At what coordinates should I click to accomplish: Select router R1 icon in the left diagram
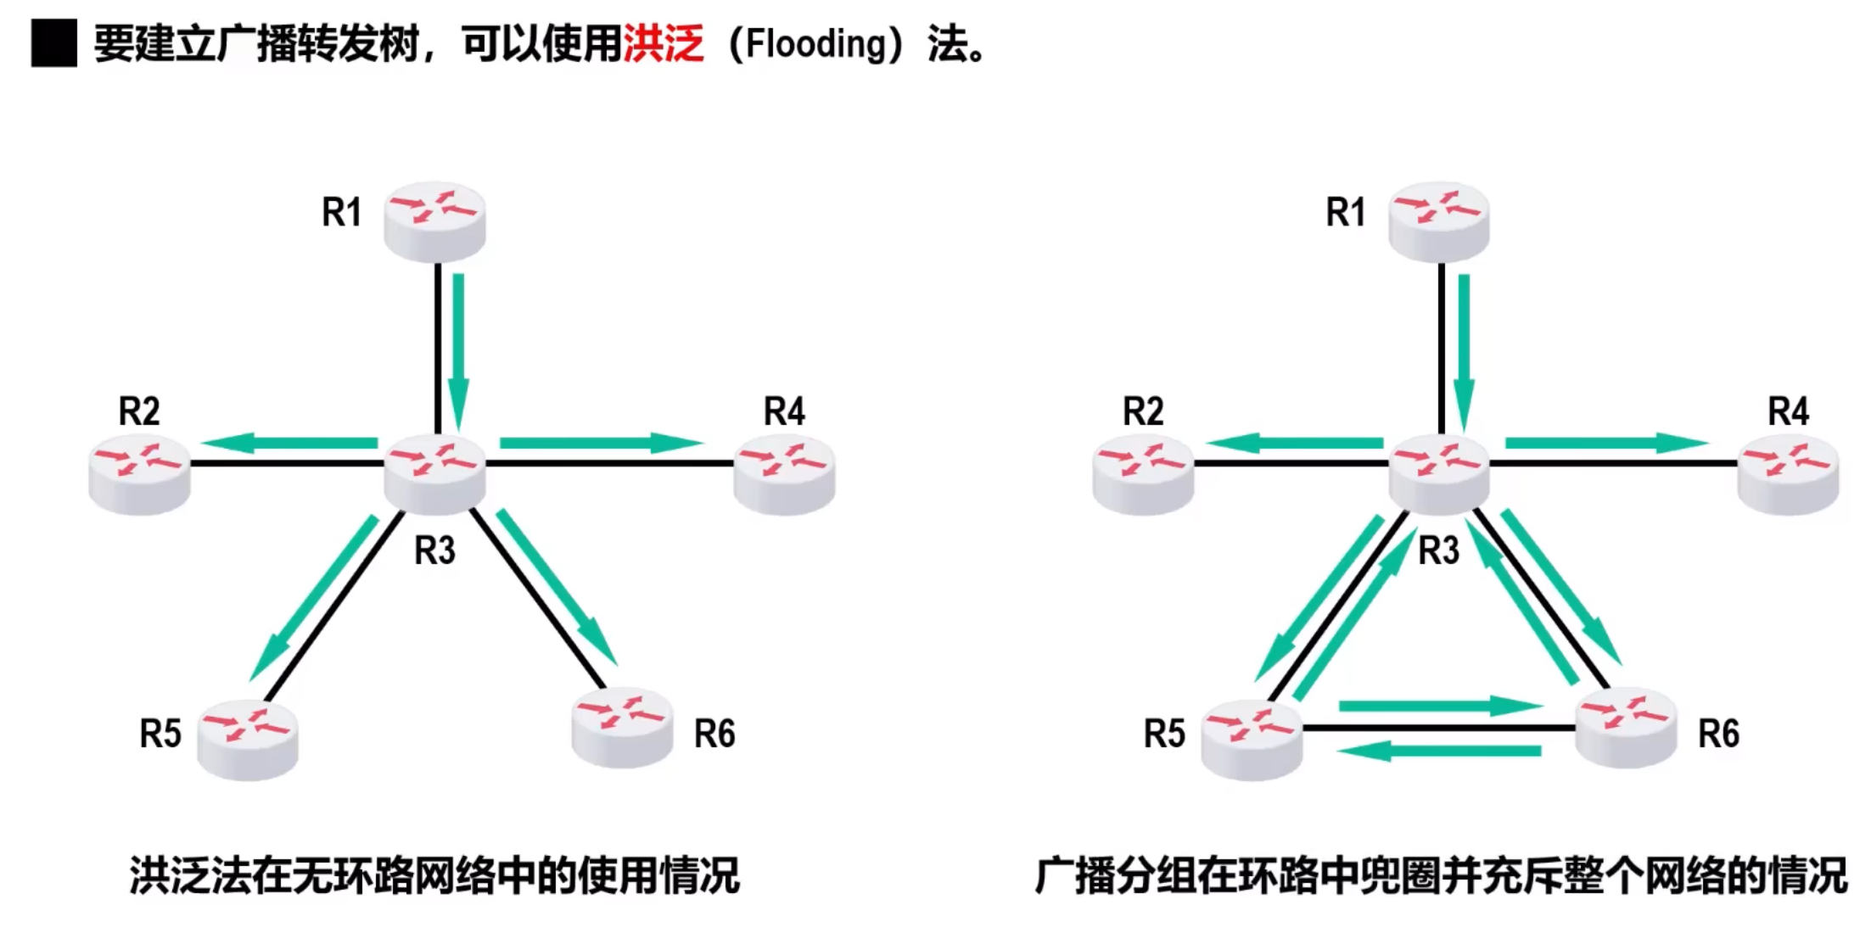coord(434,220)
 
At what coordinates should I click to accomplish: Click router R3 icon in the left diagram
coord(434,472)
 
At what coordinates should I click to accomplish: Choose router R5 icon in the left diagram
coord(248,738)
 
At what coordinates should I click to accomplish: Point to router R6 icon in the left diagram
coord(622,727)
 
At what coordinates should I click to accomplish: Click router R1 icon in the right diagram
coord(1438,220)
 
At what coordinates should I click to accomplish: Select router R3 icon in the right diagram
coord(1438,472)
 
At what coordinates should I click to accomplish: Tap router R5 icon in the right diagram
coord(1252,738)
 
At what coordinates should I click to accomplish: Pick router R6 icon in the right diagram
coord(1625,727)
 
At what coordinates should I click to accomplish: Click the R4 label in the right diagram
coord(1788,412)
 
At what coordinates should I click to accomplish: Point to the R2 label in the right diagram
coord(1143,412)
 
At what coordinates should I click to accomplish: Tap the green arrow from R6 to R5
coord(1438,751)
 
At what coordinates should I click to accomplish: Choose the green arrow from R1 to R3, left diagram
coord(458,352)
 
